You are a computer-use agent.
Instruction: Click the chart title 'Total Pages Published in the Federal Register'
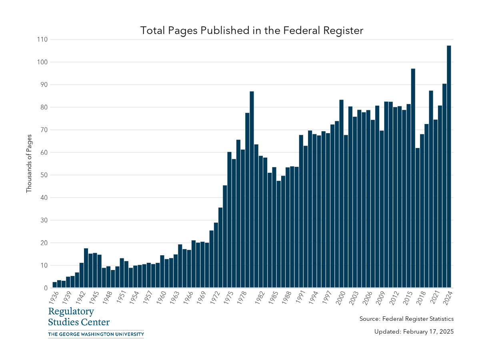252,30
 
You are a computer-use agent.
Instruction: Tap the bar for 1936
55,285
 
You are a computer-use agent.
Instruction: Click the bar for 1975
229,220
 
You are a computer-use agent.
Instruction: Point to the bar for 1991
301,212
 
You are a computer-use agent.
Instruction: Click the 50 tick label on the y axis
44,175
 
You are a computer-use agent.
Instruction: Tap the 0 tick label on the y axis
45,288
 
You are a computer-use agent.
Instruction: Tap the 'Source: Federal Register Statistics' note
406,319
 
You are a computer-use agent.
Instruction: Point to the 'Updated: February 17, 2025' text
414,332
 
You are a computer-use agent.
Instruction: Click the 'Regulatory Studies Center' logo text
78,316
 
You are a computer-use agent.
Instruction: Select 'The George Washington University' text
96,334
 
